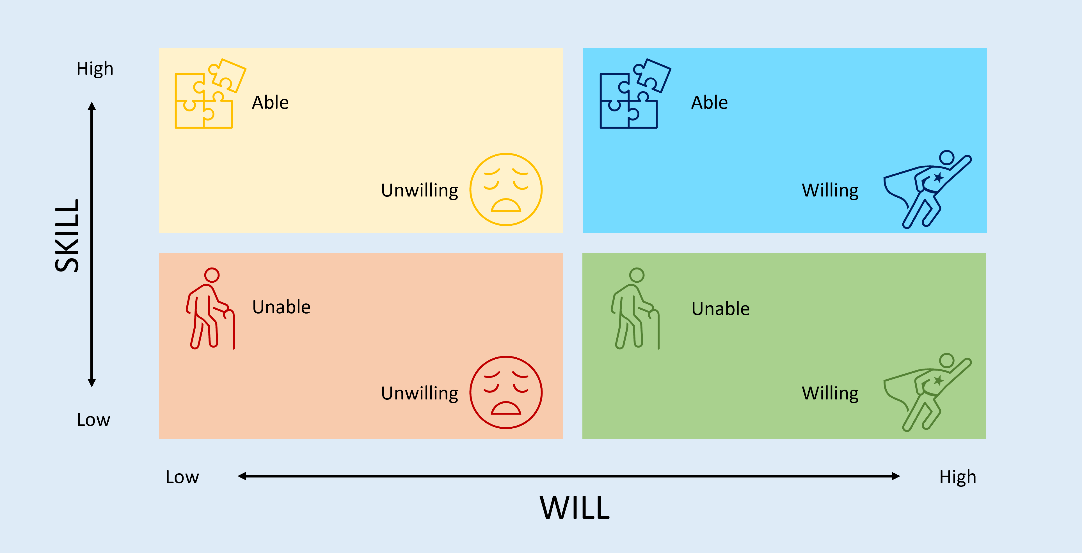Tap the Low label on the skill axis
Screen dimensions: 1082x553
pyautogui.click(x=93, y=419)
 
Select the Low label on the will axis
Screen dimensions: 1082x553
pyautogui.click(x=182, y=477)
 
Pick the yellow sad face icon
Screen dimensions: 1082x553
pyautogui.click(x=506, y=189)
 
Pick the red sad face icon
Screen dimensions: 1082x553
pyautogui.click(x=506, y=392)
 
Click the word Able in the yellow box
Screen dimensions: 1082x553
pyautogui.click(x=270, y=102)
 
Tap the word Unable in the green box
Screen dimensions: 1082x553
pyautogui.click(x=720, y=309)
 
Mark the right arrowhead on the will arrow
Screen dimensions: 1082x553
pyautogui.click(x=896, y=476)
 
